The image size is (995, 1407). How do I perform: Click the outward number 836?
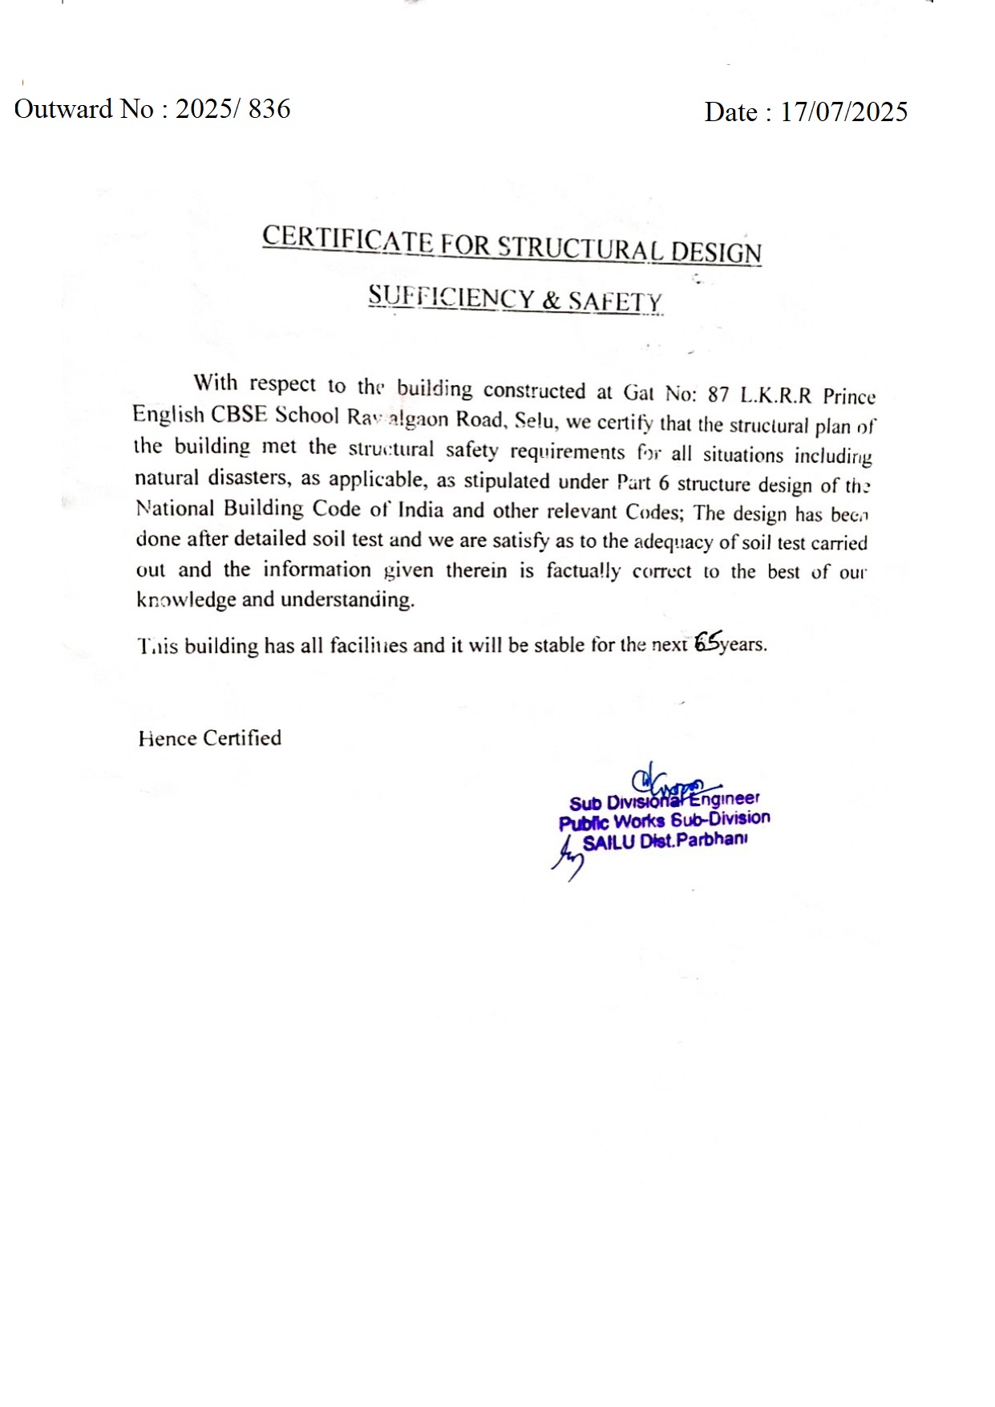click(x=269, y=108)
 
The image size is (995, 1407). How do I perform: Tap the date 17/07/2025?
click(x=843, y=112)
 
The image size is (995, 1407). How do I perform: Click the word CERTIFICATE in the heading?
click(x=348, y=239)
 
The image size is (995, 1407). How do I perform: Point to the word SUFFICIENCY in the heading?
click(x=451, y=297)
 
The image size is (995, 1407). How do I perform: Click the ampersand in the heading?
click(x=551, y=300)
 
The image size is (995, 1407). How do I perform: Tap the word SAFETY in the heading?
click(x=615, y=302)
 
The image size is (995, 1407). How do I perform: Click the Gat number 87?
click(x=718, y=395)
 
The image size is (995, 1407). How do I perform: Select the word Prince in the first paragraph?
click(x=849, y=397)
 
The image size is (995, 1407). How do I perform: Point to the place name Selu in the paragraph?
click(x=534, y=420)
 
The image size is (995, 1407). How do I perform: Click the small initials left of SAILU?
click(x=568, y=858)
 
